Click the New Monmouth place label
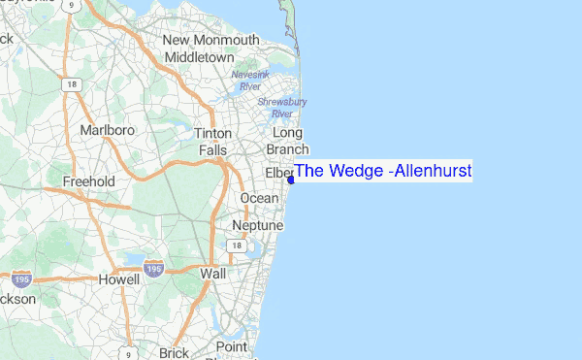(210, 40)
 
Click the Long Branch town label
(288, 141)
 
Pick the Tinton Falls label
(213, 142)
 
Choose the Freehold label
(88, 181)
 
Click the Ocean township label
(259, 198)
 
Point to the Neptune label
(257, 225)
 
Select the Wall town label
(212, 275)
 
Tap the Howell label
(119, 279)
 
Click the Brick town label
(174, 353)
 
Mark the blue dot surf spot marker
(291, 180)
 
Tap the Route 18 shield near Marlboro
(71, 85)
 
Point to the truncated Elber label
(278, 173)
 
